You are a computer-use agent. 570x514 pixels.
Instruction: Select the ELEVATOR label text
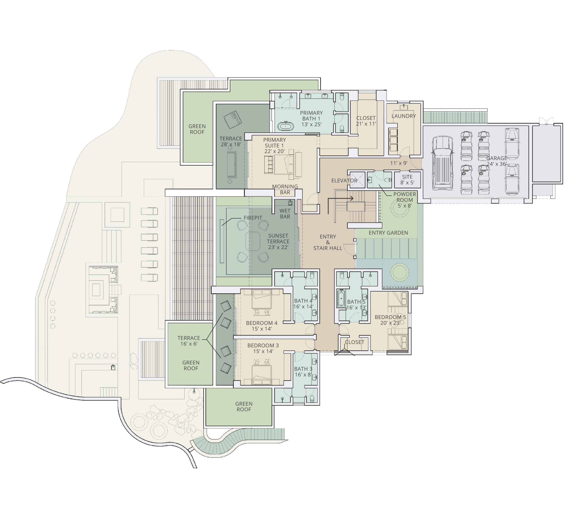(x=344, y=181)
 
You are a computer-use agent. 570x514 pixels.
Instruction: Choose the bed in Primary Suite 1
(x=285, y=163)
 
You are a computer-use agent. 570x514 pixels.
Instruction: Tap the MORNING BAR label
(x=285, y=189)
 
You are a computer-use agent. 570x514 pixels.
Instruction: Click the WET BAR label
(x=285, y=214)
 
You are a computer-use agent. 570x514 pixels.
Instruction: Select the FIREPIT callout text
(x=253, y=218)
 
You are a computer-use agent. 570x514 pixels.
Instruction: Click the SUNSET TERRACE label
(x=278, y=241)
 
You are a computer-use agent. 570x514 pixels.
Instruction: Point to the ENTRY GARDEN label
(x=388, y=233)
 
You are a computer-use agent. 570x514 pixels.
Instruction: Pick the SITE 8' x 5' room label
(x=407, y=180)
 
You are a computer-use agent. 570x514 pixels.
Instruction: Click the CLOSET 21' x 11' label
(x=366, y=121)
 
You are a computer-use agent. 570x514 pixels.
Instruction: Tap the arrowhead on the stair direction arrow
(x=352, y=199)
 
